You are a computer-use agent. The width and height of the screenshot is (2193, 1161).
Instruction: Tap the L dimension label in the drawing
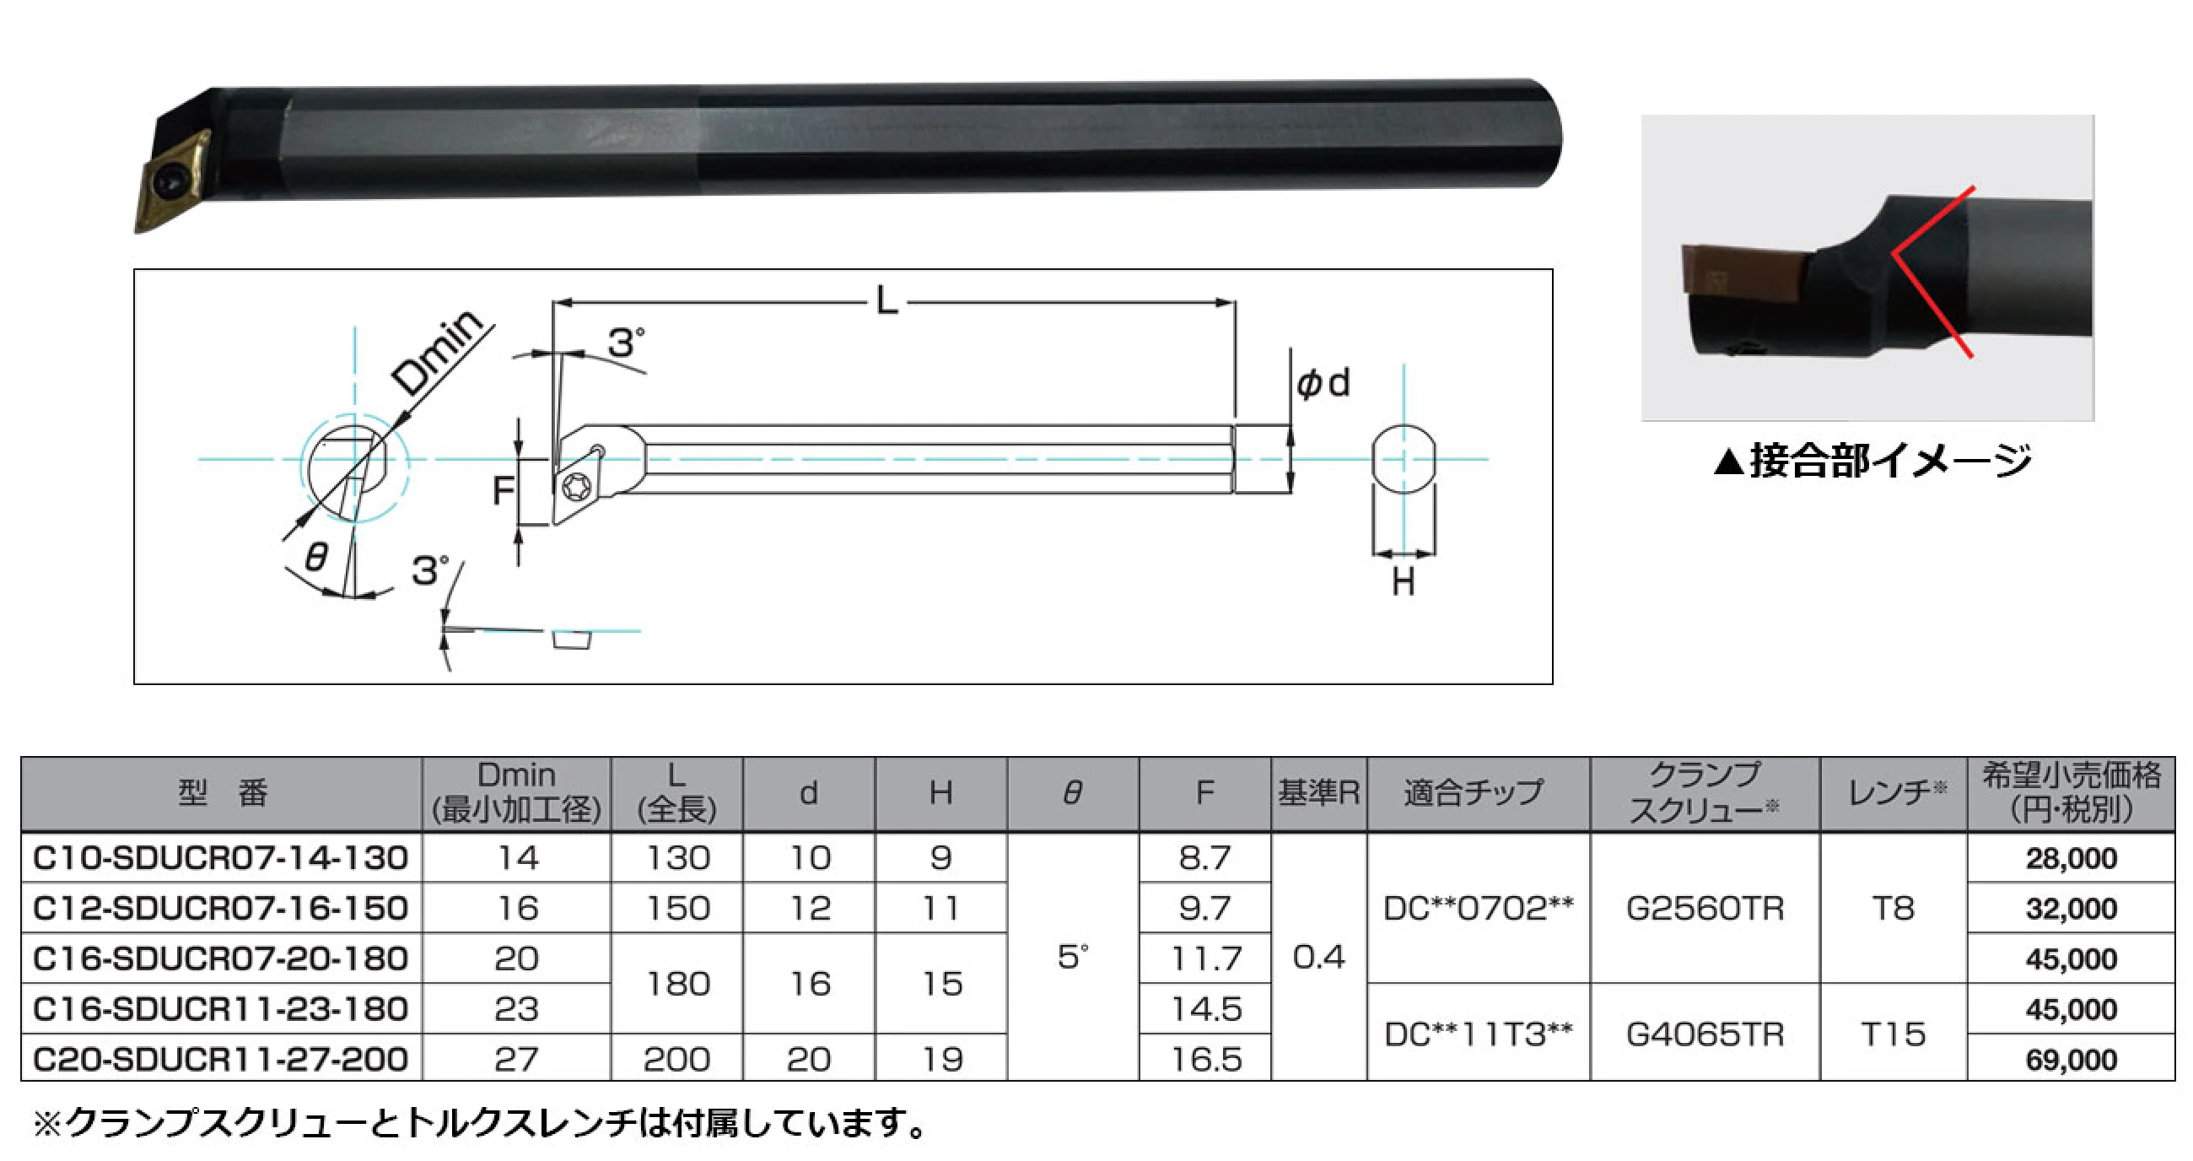click(886, 300)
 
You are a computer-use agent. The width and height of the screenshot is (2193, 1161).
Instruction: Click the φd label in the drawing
click(1322, 383)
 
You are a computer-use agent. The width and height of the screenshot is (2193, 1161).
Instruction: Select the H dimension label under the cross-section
click(1403, 583)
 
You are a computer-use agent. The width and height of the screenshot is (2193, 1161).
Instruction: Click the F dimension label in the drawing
click(504, 489)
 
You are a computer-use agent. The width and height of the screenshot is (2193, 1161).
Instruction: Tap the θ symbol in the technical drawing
click(315, 557)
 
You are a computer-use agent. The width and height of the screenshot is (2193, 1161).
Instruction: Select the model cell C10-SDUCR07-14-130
click(220, 858)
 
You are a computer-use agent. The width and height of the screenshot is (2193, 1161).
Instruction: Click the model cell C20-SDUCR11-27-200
click(220, 1059)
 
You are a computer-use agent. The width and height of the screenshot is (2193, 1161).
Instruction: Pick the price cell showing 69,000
click(2071, 1060)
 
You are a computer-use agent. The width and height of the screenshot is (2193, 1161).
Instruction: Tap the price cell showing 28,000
click(2071, 858)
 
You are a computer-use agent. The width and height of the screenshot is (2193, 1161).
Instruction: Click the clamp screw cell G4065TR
click(1705, 1034)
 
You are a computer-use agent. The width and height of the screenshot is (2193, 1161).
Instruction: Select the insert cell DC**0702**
click(1478, 908)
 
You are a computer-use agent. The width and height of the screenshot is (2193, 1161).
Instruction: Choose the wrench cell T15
click(1893, 1034)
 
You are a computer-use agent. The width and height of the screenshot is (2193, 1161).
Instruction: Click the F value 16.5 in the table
click(1205, 1059)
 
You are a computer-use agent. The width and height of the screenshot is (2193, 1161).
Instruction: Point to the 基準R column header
click(1318, 793)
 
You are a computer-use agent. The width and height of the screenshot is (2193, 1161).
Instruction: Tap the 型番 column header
click(222, 793)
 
